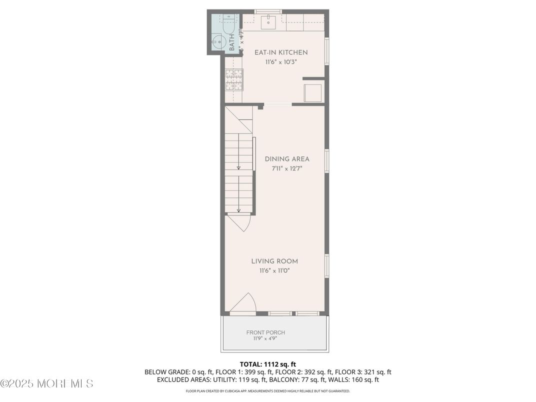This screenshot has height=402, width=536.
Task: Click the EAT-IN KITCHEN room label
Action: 281,52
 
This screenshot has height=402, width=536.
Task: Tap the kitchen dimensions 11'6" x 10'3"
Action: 281,62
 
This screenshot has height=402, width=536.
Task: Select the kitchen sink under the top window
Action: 268,21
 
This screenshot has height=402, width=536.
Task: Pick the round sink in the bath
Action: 218,42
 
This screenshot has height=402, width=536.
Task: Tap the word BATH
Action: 232,42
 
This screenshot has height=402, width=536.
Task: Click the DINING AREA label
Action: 287,159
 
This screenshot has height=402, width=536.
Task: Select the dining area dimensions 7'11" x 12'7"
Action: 287,168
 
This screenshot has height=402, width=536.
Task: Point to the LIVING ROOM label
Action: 274,261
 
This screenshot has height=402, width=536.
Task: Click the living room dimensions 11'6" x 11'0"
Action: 274,270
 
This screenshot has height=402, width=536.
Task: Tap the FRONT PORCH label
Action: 265,332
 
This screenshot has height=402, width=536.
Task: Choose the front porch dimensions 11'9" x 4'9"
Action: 265,338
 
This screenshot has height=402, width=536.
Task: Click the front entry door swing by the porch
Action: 243,304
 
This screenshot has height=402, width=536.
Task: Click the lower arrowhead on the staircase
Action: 238,210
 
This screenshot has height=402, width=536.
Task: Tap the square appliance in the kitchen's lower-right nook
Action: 313,92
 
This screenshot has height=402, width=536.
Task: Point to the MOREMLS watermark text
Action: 46,383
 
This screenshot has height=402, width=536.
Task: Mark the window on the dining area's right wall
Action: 326,161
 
